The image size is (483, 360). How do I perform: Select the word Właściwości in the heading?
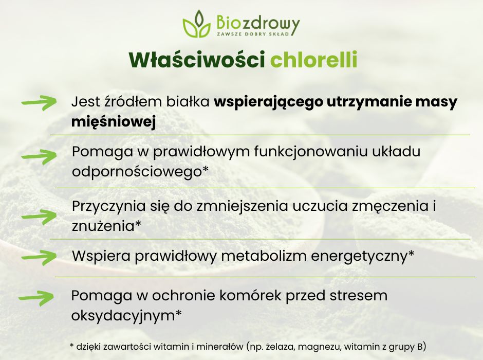[x=196, y=60]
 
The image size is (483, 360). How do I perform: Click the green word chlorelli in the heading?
[x=313, y=60]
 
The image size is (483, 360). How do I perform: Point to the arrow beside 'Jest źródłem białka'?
[x=39, y=103]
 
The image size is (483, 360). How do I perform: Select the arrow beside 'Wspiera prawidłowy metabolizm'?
[x=39, y=256]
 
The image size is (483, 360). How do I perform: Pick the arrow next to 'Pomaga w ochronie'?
[x=36, y=297]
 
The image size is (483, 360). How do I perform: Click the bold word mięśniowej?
[x=114, y=122]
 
